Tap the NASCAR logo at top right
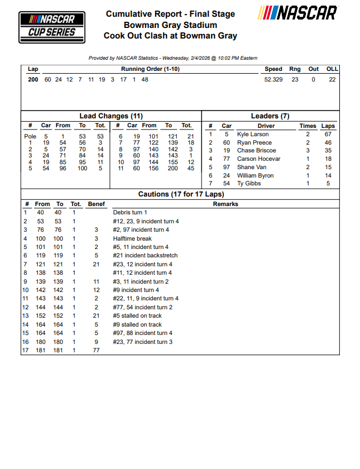click(298, 13)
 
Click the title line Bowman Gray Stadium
click(170, 25)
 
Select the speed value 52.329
click(273, 80)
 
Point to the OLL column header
click(332, 69)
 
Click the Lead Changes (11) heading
click(111, 116)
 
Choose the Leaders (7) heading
click(270, 116)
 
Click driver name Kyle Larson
click(253, 135)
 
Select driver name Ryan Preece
click(254, 143)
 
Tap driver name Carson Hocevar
click(258, 159)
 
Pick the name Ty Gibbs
click(249, 184)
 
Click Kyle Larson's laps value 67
click(328, 135)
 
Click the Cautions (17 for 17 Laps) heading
click(181, 194)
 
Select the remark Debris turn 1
click(130, 213)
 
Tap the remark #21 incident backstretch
click(142, 256)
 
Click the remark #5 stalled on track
click(137, 316)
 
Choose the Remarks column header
click(225, 204)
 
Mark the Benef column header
click(96, 204)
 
